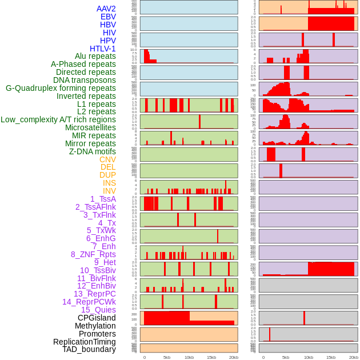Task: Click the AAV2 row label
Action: point(106,9)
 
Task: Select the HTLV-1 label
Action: point(103,49)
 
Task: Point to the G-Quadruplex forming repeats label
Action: point(61,88)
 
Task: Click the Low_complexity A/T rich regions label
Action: point(58,119)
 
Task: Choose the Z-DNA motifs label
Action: point(93,151)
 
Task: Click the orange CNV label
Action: point(107,159)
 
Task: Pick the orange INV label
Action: point(109,191)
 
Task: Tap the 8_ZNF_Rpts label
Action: point(93,254)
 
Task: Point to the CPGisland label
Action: point(97,318)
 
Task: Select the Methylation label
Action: point(95,326)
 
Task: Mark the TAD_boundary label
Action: point(89,349)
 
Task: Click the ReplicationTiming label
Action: point(85,342)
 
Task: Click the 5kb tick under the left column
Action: point(167,357)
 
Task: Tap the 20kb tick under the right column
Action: point(354,357)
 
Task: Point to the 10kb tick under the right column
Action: point(308,357)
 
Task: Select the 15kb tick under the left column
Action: point(211,357)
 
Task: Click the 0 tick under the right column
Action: point(263,357)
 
